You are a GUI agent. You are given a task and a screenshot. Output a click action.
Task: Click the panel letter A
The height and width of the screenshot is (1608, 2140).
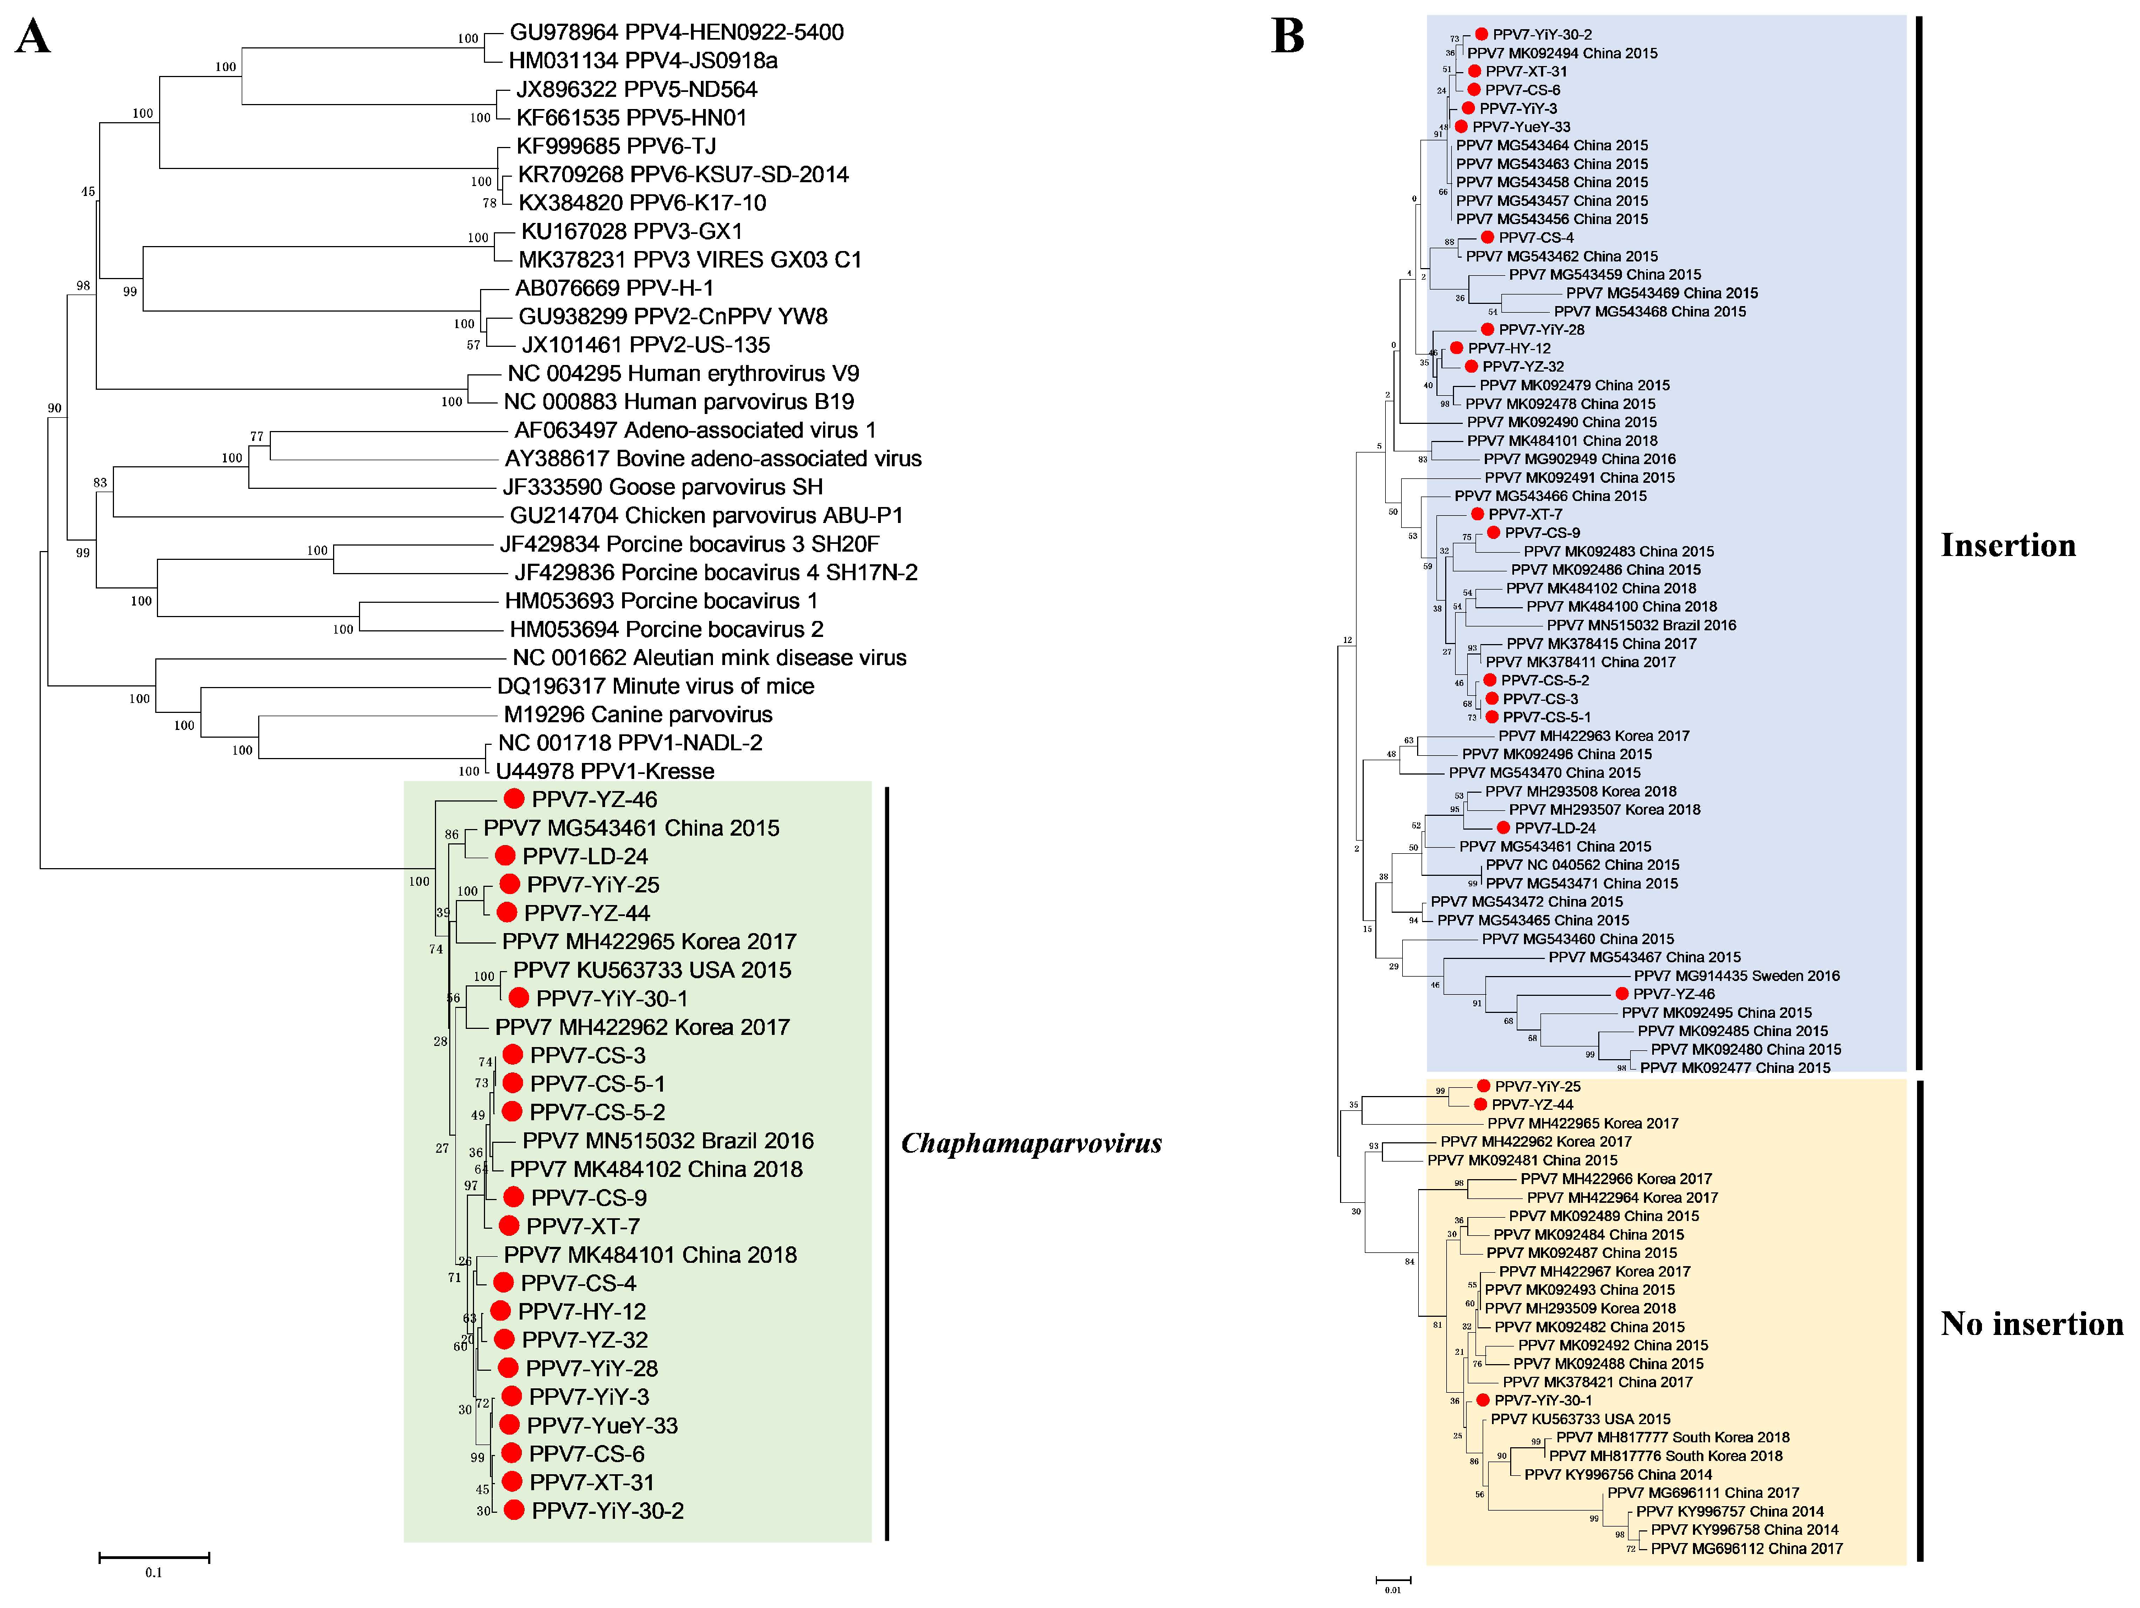(x=33, y=38)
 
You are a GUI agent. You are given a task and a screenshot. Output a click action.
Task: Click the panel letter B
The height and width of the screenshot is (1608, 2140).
(x=1287, y=37)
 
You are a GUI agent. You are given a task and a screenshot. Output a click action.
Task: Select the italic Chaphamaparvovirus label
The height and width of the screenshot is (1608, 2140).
(x=1031, y=1143)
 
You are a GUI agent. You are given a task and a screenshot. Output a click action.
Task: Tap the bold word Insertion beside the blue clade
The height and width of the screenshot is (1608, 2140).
(x=2007, y=546)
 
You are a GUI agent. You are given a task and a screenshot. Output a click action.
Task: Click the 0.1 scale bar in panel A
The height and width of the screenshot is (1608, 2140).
(x=154, y=1557)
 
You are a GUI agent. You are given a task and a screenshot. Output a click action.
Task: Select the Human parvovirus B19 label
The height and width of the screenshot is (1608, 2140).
(x=679, y=401)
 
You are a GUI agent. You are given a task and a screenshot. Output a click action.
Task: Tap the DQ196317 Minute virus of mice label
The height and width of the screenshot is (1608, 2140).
(x=655, y=686)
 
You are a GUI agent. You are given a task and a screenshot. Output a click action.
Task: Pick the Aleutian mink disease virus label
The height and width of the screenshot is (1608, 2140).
(x=709, y=658)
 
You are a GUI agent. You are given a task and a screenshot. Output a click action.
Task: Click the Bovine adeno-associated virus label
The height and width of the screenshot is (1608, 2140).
(x=713, y=459)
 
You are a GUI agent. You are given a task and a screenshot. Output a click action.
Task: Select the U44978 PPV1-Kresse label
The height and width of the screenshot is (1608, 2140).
(x=605, y=771)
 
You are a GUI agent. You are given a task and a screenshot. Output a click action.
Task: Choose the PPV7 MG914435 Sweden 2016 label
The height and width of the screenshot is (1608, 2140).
(x=1736, y=976)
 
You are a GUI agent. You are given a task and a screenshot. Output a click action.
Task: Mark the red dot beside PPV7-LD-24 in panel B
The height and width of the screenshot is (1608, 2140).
(x=1502, y=828)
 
